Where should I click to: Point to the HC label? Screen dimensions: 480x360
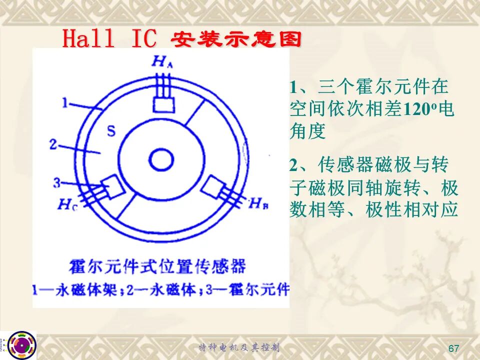point(67,204)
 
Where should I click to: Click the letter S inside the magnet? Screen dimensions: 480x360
point(111,131)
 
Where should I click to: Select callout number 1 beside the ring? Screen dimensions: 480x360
point(64,103)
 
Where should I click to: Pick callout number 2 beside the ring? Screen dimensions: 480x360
point(53,144)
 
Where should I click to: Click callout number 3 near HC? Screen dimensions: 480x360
point(57,183)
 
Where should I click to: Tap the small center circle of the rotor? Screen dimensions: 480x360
point(161,159)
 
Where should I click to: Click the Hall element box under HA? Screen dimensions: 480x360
point(164,105)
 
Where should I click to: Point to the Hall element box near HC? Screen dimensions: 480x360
point(112,186)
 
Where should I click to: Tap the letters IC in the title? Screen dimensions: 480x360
point(143,38)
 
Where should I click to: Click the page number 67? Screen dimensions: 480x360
point(453,348)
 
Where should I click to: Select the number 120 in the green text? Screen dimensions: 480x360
point(418,109)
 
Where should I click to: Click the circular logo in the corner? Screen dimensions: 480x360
point(22,345)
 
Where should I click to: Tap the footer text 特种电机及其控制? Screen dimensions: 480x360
point(239,347)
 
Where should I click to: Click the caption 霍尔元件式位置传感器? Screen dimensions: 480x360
point(157,266)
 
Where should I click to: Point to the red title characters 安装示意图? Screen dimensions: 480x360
point(236,40)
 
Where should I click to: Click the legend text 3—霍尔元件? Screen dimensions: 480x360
point(247,289)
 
